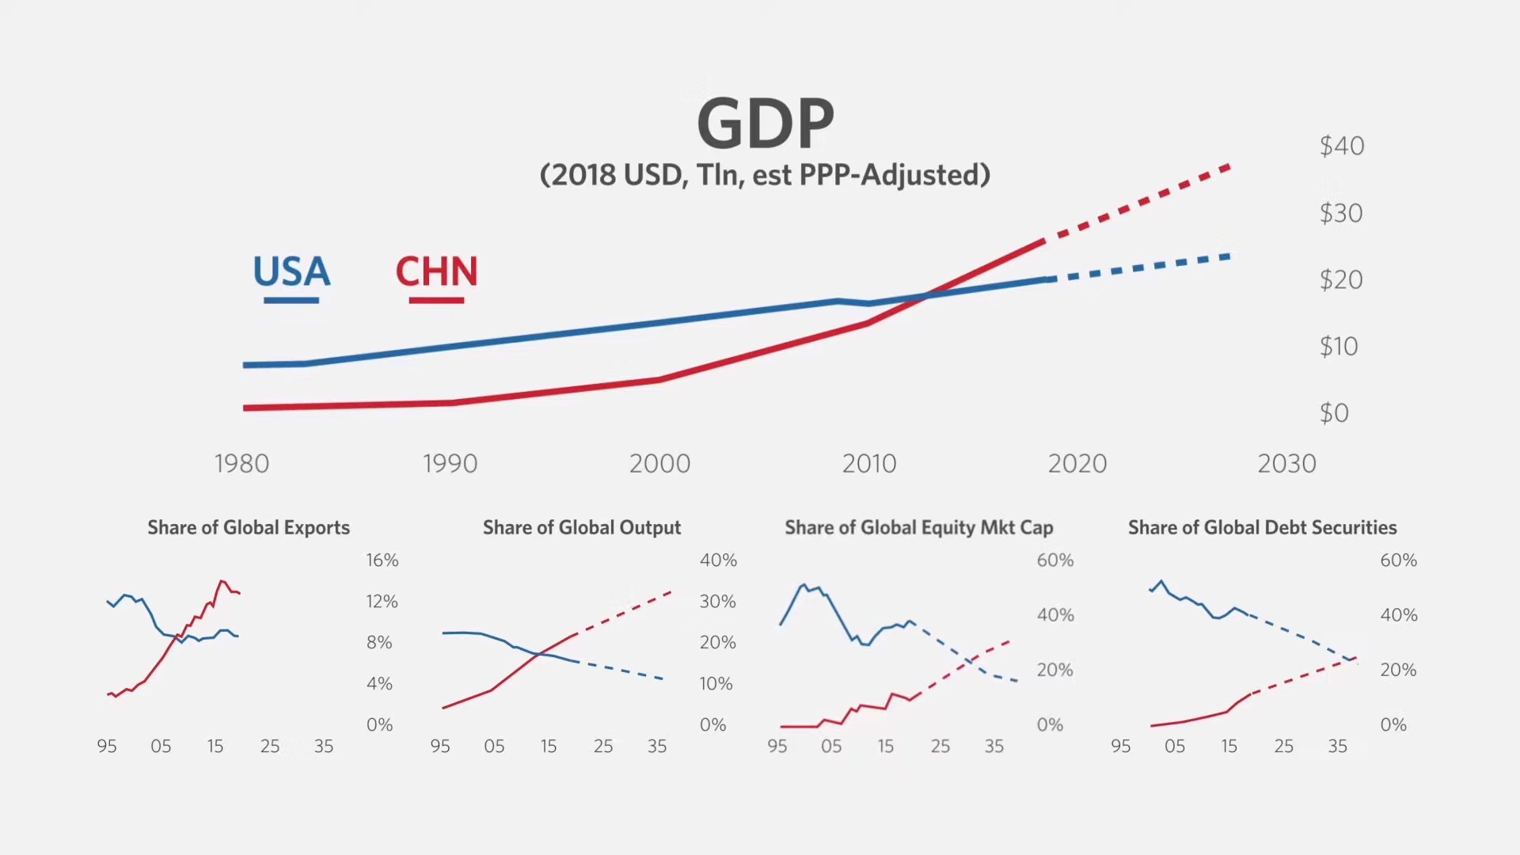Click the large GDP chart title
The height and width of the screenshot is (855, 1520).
point(766,123)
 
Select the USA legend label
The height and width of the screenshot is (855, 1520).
point(291,272)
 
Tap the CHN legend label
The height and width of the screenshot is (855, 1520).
point(436,272)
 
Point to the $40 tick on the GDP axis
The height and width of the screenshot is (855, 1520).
point(1341,146)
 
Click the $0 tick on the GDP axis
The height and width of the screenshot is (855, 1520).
point(1334,412)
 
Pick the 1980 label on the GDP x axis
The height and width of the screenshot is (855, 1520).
point(241,463)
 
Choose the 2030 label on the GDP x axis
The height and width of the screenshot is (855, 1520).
point(1286,463)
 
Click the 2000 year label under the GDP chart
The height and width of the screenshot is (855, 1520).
point(659,463)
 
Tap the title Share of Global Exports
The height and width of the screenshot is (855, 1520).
point(249,527)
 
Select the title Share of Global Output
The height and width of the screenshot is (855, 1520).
point(582,527)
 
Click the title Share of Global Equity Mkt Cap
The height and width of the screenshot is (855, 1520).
point(918,527)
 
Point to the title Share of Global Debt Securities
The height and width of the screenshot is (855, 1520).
point(1262,527)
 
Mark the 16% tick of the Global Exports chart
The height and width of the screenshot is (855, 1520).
point(382,560)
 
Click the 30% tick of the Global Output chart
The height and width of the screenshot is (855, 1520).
point(717,602)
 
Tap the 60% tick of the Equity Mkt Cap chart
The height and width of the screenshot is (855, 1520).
point(1054,560)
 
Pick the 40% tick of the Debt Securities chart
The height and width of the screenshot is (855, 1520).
point(1398,615)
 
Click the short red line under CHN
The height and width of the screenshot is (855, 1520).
point(436,301)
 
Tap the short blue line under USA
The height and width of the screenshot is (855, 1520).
point(291,301)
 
